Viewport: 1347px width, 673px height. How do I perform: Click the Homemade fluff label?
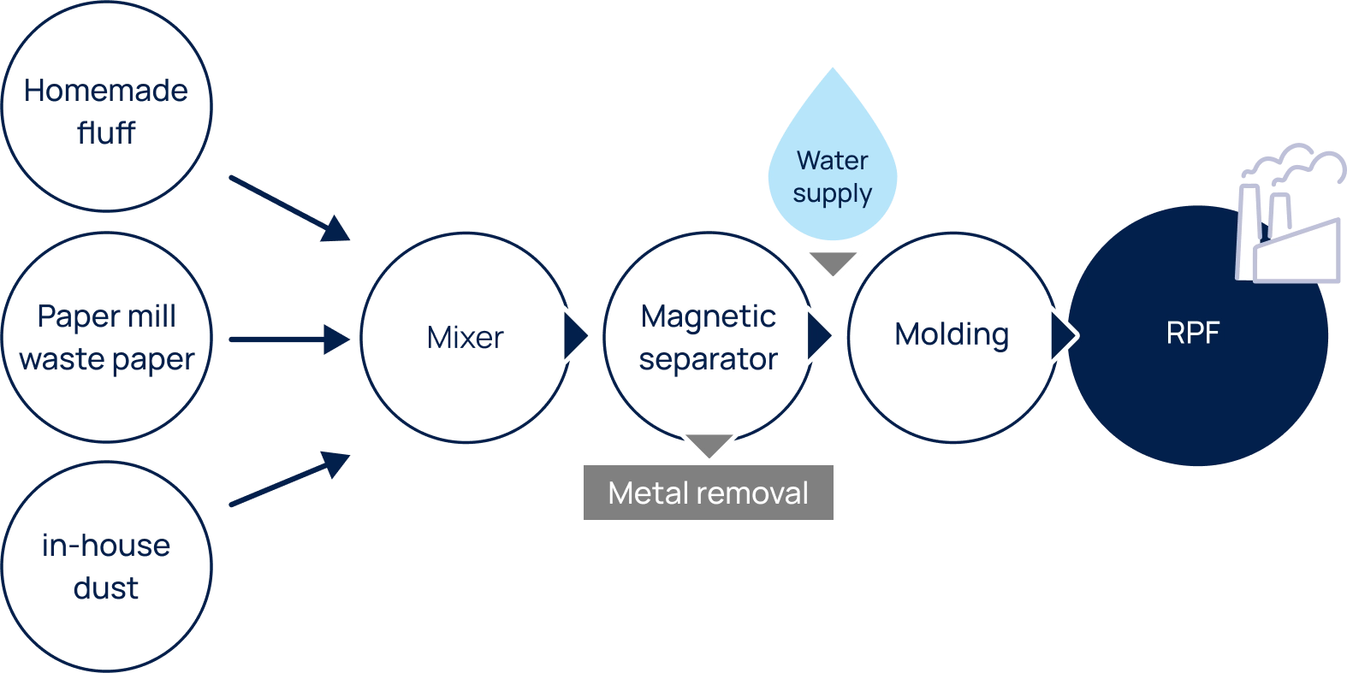[x=106, y=111]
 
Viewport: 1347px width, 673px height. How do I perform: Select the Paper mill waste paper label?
[x=106, y=339]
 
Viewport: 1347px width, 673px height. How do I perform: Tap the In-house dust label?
[x=106, y=566]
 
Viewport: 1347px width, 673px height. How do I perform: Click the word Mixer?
[x=465, y=337]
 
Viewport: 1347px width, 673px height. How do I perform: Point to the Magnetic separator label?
[x=709, y=339]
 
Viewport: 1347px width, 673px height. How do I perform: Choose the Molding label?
[x=952, y=335]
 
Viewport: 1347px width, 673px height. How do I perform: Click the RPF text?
[x=1192, y=333]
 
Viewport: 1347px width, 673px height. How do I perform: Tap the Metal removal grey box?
[x=709, y=493]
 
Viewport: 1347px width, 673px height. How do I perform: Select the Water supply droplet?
[x=833, y=162]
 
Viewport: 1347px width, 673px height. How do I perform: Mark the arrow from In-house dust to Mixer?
[x=291, y=481]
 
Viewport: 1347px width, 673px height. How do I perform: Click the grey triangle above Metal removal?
[x=709, y=444]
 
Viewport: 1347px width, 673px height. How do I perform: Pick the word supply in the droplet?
[x=832, y=194]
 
